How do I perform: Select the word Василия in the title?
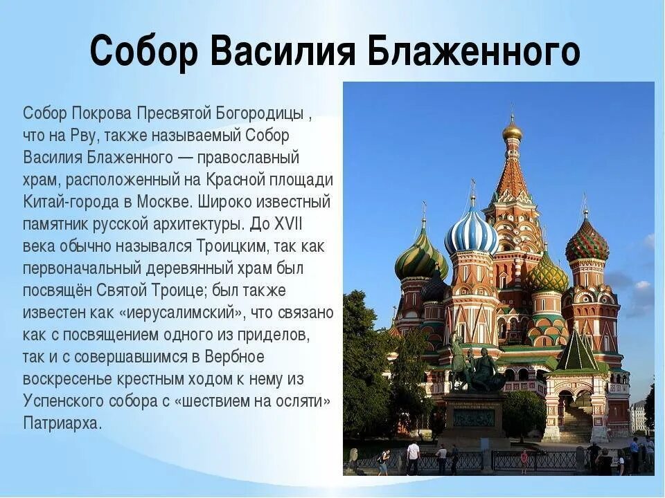coord(284,51)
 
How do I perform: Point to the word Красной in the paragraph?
coord(236,180)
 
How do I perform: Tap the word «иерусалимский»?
coord(181,312)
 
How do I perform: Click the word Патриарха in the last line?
coord(62,423)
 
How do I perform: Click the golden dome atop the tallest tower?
coord(513,131)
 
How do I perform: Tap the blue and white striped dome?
coord(471,232)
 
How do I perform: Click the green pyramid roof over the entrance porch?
coord(577,353)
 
